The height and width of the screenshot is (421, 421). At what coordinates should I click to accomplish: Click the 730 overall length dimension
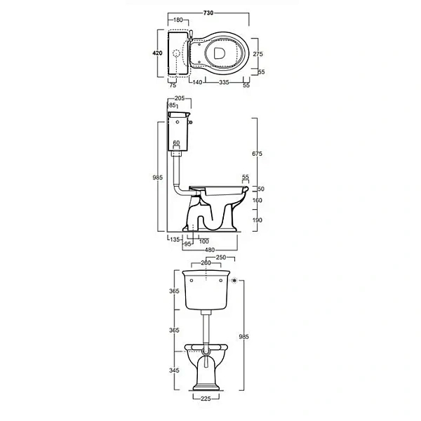[208, 13]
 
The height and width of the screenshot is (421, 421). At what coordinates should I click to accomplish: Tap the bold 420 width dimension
[157, 53]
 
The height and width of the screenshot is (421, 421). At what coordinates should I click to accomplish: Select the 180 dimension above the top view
[178, 20]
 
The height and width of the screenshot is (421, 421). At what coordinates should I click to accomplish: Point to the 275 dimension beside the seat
[258, 54]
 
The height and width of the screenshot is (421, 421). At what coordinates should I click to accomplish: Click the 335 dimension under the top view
[224, 82]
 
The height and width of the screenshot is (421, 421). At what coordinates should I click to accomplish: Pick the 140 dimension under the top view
[197, 82]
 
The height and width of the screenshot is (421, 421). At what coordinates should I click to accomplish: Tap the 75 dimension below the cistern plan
[173, 85]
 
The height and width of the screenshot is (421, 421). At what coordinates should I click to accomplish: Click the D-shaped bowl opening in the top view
[219, 53]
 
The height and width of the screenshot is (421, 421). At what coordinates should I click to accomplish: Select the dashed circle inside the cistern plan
[176, 54]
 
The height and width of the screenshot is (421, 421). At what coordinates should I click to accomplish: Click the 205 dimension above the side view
[180, 98]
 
